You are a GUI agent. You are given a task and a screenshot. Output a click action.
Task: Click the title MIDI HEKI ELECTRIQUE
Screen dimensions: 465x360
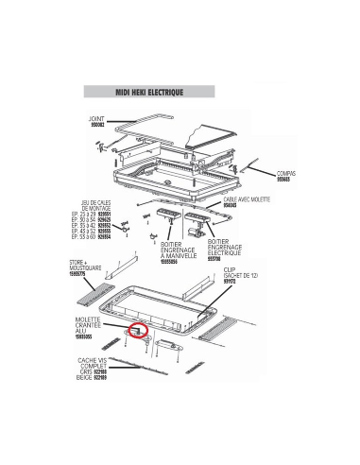[147, 94]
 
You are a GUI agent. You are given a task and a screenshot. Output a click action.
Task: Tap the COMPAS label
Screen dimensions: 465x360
[286, 173]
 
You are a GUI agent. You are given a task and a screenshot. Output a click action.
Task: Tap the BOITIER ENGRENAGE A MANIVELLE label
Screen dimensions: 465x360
[175, 251]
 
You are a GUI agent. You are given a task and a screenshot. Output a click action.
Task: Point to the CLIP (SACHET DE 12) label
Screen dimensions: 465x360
[248, 274]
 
